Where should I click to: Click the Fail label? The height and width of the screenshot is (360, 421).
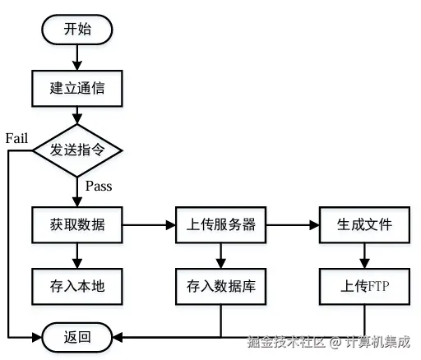(x=17, y=137)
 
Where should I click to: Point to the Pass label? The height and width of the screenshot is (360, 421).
(x=99, y=186)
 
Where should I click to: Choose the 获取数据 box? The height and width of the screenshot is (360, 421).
(x=77, y=224)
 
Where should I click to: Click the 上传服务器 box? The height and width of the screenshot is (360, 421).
(x=221, y=224)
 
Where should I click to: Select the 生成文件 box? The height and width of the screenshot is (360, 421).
(x=364, y=224)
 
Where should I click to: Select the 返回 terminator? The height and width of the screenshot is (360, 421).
(x=77, y=337)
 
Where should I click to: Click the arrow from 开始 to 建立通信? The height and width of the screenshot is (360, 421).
(x=77, y=57)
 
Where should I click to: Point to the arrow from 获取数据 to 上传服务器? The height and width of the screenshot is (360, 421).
(x=149, y=224)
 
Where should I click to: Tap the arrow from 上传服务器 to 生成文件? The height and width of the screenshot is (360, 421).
(x=293, y=224)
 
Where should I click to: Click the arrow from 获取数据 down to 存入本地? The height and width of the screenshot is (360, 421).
(x=77, y=255)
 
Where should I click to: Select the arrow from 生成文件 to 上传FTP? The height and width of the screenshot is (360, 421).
(x=364, y=255)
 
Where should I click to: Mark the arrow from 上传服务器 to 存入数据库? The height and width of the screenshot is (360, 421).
(x=221, y=255)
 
